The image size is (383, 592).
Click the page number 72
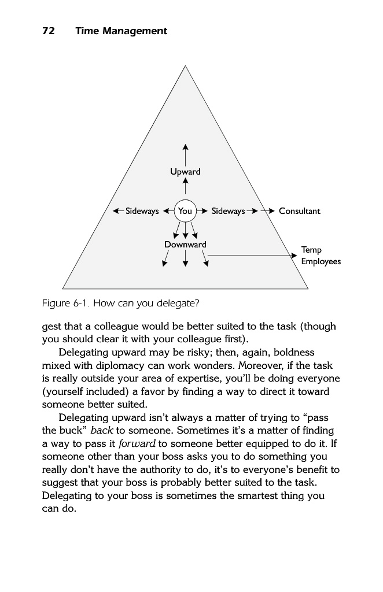pyautogui.click(x=48, y=31)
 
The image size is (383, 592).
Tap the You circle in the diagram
pyautogui.click(x=185, y=211)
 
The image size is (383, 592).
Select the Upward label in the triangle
pyautogui.click(x=185, y=172)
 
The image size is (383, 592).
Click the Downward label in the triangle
pyautogui.click(x=185, y=245)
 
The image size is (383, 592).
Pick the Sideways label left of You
pyautogui.click(x=142, y=211)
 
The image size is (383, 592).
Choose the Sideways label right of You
pyautogui.click(x=228, y=211)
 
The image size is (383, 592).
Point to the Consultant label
pyautogui.click(x=299, y=211)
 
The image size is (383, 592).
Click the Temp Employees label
pyautogui.click(x=321, y=256)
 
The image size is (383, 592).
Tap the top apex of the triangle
pyautogui.click(x=185, y=66)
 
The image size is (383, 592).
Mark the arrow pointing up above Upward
pyautogui.click(x=185, y=147)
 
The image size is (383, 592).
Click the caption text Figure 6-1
pyautogui.click(x=65, y=304)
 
